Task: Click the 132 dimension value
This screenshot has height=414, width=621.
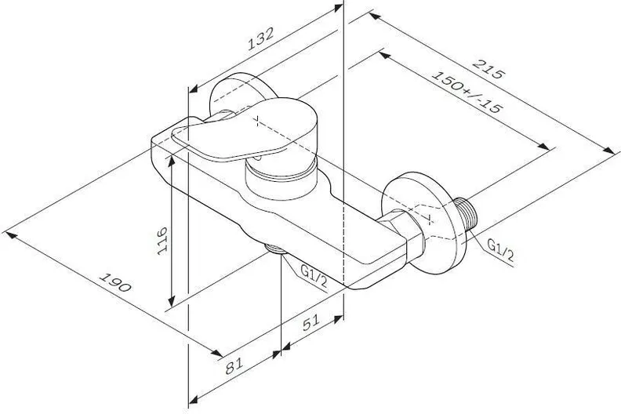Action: [x=260, y=38]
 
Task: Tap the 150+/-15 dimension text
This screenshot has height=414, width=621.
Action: [x=467, y=92]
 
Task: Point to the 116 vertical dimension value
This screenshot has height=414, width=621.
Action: [x=162, y=241]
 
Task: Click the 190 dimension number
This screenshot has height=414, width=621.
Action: [x=114, y=282]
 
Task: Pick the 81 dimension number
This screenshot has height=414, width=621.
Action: [x=234, y=365]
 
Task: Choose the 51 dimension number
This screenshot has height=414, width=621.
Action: [x=311, y=322]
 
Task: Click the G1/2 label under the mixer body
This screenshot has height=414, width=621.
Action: [x=314, y=275]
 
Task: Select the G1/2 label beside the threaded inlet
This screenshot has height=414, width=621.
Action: [x=499, y=250]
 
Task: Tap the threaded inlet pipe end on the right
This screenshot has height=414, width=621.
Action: [x=467, y=216]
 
